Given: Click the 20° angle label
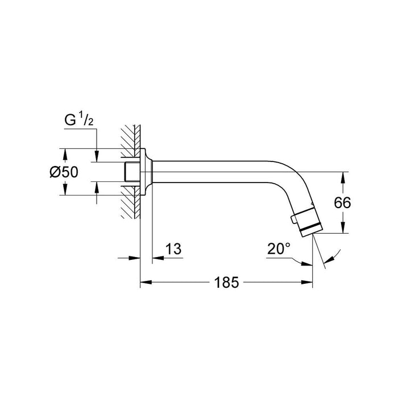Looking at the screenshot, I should (x=279, y=248).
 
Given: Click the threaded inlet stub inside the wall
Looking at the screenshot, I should (x=131, y=172).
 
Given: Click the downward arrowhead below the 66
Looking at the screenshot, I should (x=342, y=229).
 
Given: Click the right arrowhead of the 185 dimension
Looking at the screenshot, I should (x=308, y=281).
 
